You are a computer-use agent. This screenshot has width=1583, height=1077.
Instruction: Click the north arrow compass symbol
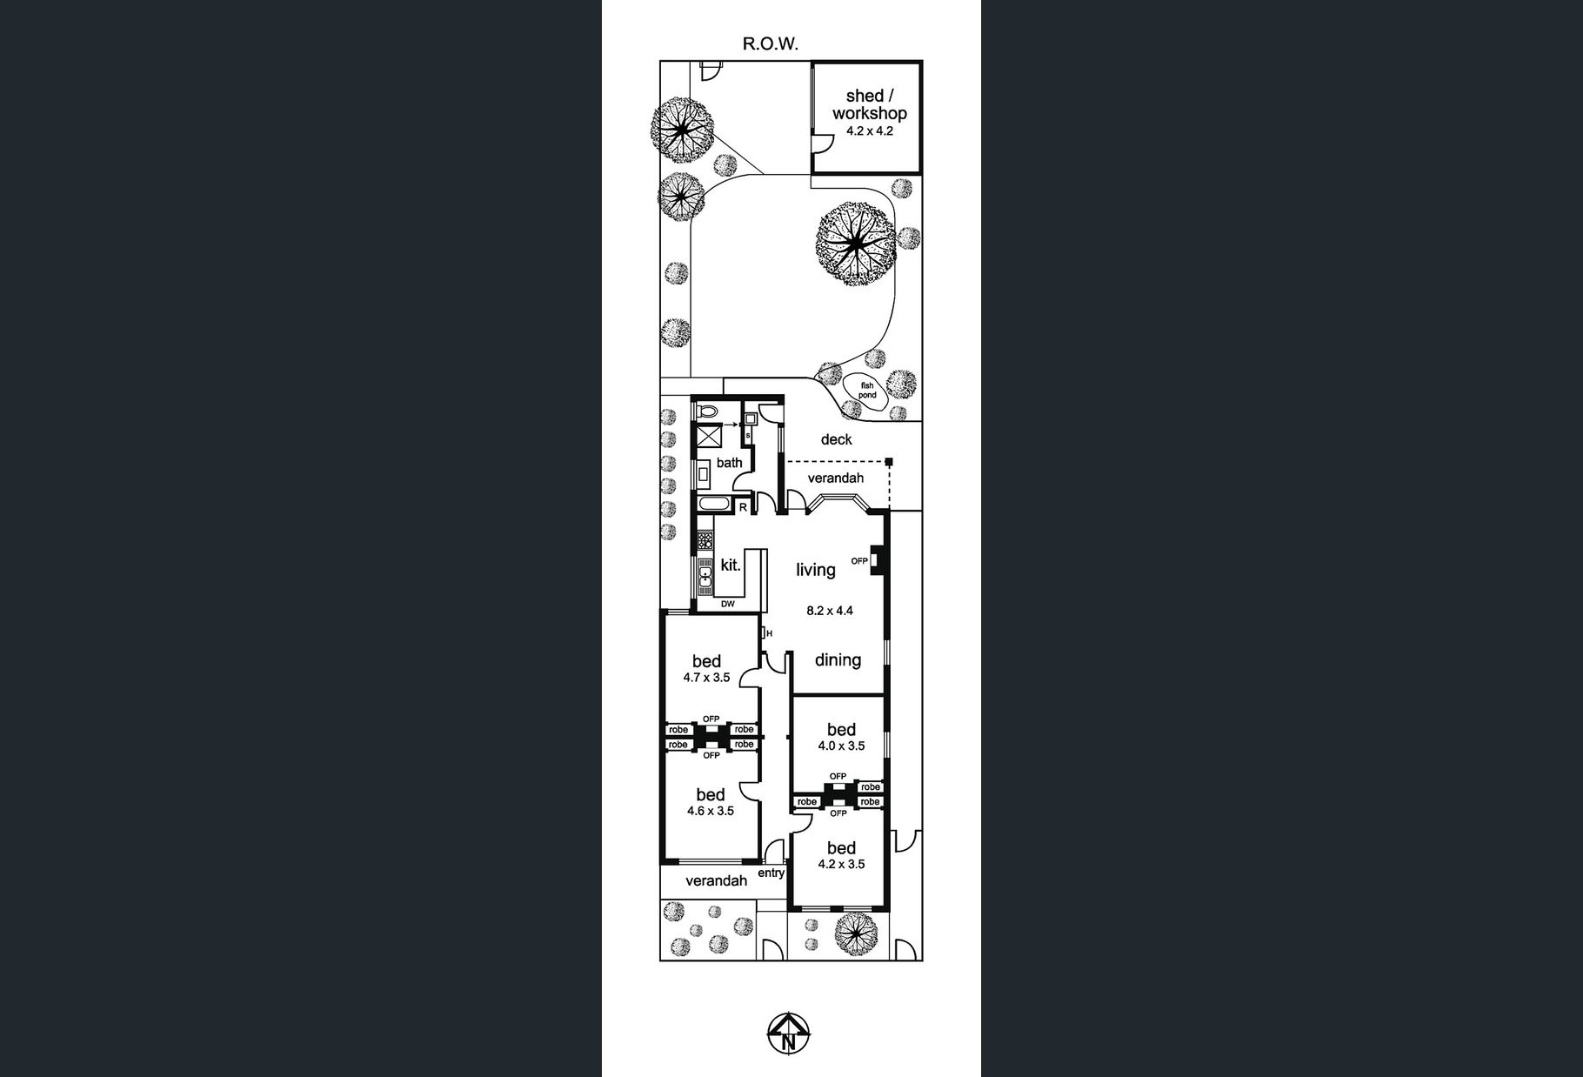click(789, 1034)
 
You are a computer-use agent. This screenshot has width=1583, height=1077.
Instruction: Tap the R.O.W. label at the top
click(770, 43)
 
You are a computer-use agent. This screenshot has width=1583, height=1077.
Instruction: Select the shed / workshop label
click(869, 104)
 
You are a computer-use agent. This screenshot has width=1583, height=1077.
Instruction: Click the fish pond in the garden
click(866, 391)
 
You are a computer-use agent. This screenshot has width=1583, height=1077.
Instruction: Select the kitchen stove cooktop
click(705, 539)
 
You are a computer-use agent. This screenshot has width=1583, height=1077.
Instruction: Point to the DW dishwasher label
click(728, 604)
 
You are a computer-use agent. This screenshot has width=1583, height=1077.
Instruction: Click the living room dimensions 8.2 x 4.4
click(830, 611)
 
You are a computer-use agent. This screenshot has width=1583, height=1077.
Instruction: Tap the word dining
click(838, 659)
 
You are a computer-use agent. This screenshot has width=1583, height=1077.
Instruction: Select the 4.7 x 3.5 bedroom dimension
click(706, 677)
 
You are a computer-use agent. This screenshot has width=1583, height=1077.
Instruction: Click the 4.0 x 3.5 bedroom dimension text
click(841, 746)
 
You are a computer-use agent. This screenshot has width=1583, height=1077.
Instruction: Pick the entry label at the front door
click(771, 873)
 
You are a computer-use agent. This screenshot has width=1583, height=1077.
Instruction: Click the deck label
click(836, 439)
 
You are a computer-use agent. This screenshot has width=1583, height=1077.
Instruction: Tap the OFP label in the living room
click(859, 561)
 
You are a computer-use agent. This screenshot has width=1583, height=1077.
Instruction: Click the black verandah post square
click(889, 462)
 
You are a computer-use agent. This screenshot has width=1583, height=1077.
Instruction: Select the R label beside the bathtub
click(743, 506)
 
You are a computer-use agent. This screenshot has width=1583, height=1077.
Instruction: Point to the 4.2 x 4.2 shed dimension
click(869, 131)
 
